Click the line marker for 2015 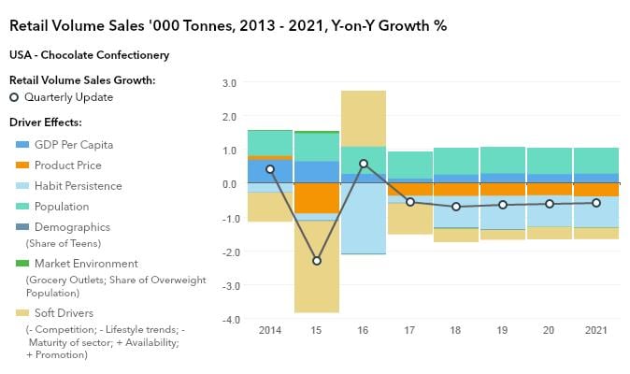317,261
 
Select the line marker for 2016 364,164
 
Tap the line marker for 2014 270,169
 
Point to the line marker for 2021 596,203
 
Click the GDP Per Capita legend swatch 22,145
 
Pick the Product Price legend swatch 22,165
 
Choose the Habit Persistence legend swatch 22,186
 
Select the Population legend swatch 22,207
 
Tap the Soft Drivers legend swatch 22,312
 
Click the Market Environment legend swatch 22,264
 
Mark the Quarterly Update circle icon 14,97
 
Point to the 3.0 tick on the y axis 229,83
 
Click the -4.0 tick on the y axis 227,321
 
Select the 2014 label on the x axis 270,330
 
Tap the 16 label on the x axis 364,330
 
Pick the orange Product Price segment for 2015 317,198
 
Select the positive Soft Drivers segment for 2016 364,118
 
